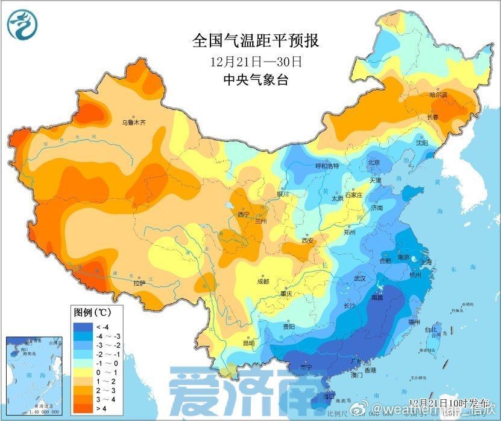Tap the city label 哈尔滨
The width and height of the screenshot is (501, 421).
click(x=438, y=95)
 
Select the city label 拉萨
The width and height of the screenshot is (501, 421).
click(x=139, y=283)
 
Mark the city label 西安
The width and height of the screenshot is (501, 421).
click(x=308, y=240)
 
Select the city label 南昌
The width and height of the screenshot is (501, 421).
click(x=377, y=298)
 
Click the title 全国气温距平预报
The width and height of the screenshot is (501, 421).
click(x=255, y=41)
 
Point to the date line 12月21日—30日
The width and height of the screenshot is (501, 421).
click(x=256, y=61)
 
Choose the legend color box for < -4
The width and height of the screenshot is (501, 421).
click(x=83, y=327)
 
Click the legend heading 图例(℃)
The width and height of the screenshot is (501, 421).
click(x=91, y=313)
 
